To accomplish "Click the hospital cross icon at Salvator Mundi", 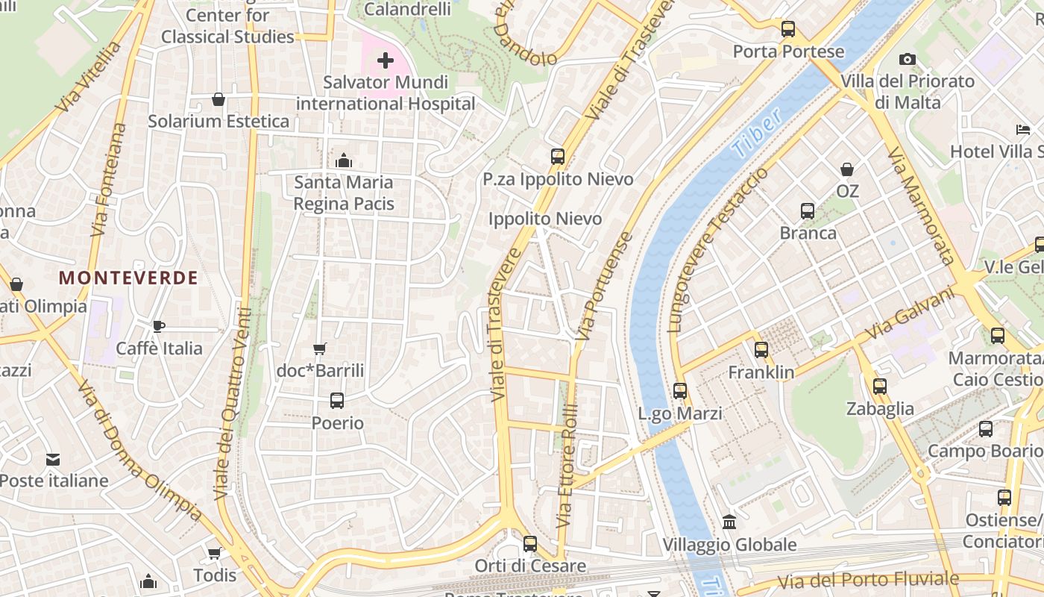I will point(386,60).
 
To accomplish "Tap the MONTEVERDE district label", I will point(128,278).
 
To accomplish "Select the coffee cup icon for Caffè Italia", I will point(158,326).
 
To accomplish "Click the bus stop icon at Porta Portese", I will point(788,29).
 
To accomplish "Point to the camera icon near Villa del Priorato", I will point(907,59).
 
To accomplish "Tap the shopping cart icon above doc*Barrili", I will point(320,348).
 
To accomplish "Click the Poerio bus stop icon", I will point(337,401).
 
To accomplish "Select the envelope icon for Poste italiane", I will point(53,459).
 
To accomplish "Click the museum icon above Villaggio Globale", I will point(729,522).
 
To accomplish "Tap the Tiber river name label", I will point(758,133).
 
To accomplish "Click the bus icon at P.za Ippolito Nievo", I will point(558,157).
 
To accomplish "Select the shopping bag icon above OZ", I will point(847,169).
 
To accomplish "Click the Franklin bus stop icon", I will point(761,349).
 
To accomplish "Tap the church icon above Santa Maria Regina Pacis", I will point(344,160).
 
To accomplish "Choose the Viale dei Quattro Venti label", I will point(232,403).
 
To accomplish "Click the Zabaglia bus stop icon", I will point(880,386).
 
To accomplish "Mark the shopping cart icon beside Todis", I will point(215,553).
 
